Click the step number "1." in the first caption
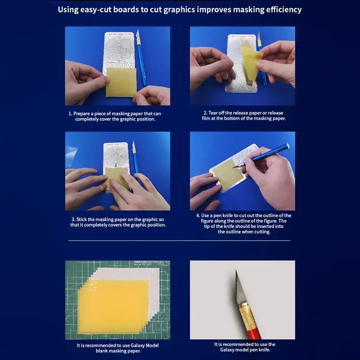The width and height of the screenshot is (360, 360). click(71, 113)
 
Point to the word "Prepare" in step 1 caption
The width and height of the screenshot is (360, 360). click(84, 113)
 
